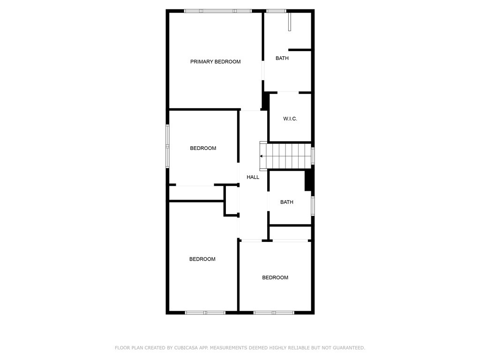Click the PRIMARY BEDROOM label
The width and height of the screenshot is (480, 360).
[x=215, y=61]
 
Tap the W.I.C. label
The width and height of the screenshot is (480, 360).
[x=290, y=119]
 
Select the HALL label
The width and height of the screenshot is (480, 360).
[x=253, y=177]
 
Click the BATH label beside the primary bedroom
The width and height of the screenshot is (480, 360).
[x=282, y=58]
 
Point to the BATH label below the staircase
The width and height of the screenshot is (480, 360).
[x=287, y=202]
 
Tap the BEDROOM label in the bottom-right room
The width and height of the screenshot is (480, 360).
[x=275, y=277]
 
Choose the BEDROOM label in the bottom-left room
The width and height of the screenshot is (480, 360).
[x=202, y=259]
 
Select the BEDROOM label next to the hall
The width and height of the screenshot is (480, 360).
[x=203, y=148]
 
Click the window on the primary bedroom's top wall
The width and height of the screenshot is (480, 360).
[x=217, y=11]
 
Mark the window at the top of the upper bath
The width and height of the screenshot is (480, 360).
[x=276, y=11]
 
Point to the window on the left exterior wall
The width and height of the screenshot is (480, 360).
[x=167, y=146]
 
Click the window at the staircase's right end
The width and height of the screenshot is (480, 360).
[x=313, y=156]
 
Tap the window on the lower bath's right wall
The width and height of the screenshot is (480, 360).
[x=313, y=205]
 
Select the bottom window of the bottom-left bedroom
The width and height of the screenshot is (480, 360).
[x=205, y=312]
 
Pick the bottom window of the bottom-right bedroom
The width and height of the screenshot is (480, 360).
[x=274, y=312]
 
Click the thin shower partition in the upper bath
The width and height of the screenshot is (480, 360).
[x=290, y=22]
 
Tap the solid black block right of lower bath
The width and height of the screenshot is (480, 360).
[x=309, y=180]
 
